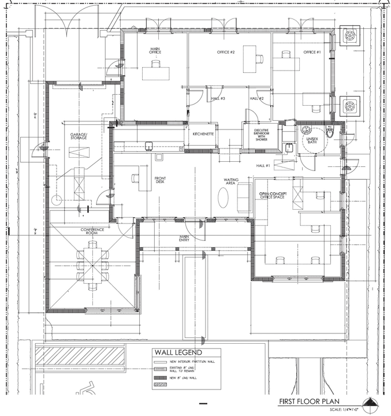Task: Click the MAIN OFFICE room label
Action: tap(155, 51)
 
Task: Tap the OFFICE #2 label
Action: tap(225, 53)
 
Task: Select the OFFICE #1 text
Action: tap(312, 53)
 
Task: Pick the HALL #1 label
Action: tap(263, 166)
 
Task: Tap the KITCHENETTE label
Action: tap(204, 134)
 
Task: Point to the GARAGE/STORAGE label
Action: tap(79, 136)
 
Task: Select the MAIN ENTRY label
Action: tap(184, 238)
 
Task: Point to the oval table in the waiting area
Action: tap(224, 196)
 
